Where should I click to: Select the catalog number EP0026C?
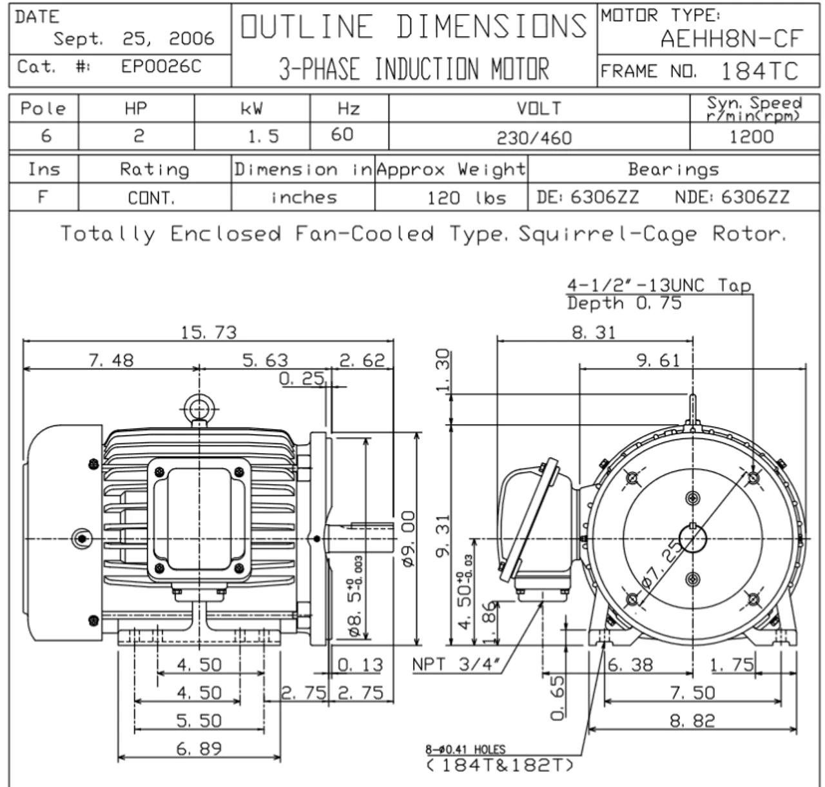point(161,66)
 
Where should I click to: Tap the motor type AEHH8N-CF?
point(732,39)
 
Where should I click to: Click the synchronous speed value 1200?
point(751,137)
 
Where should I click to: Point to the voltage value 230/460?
point(534,138)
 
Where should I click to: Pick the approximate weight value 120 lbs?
point(467,198)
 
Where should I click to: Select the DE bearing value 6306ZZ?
point(605,197)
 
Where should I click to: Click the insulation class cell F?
point(43,197)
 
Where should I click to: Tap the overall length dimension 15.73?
point(208,333)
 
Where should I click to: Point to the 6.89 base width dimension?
point(199,749)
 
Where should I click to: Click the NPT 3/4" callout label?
point(456,665)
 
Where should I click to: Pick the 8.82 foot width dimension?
point(692,721)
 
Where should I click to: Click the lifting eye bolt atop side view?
point(200,408)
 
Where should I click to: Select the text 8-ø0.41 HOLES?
point(465,750)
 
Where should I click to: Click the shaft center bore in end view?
point(693,539)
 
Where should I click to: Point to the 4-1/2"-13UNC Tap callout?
point(659,286)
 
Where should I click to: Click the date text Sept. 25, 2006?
point(133,39)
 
